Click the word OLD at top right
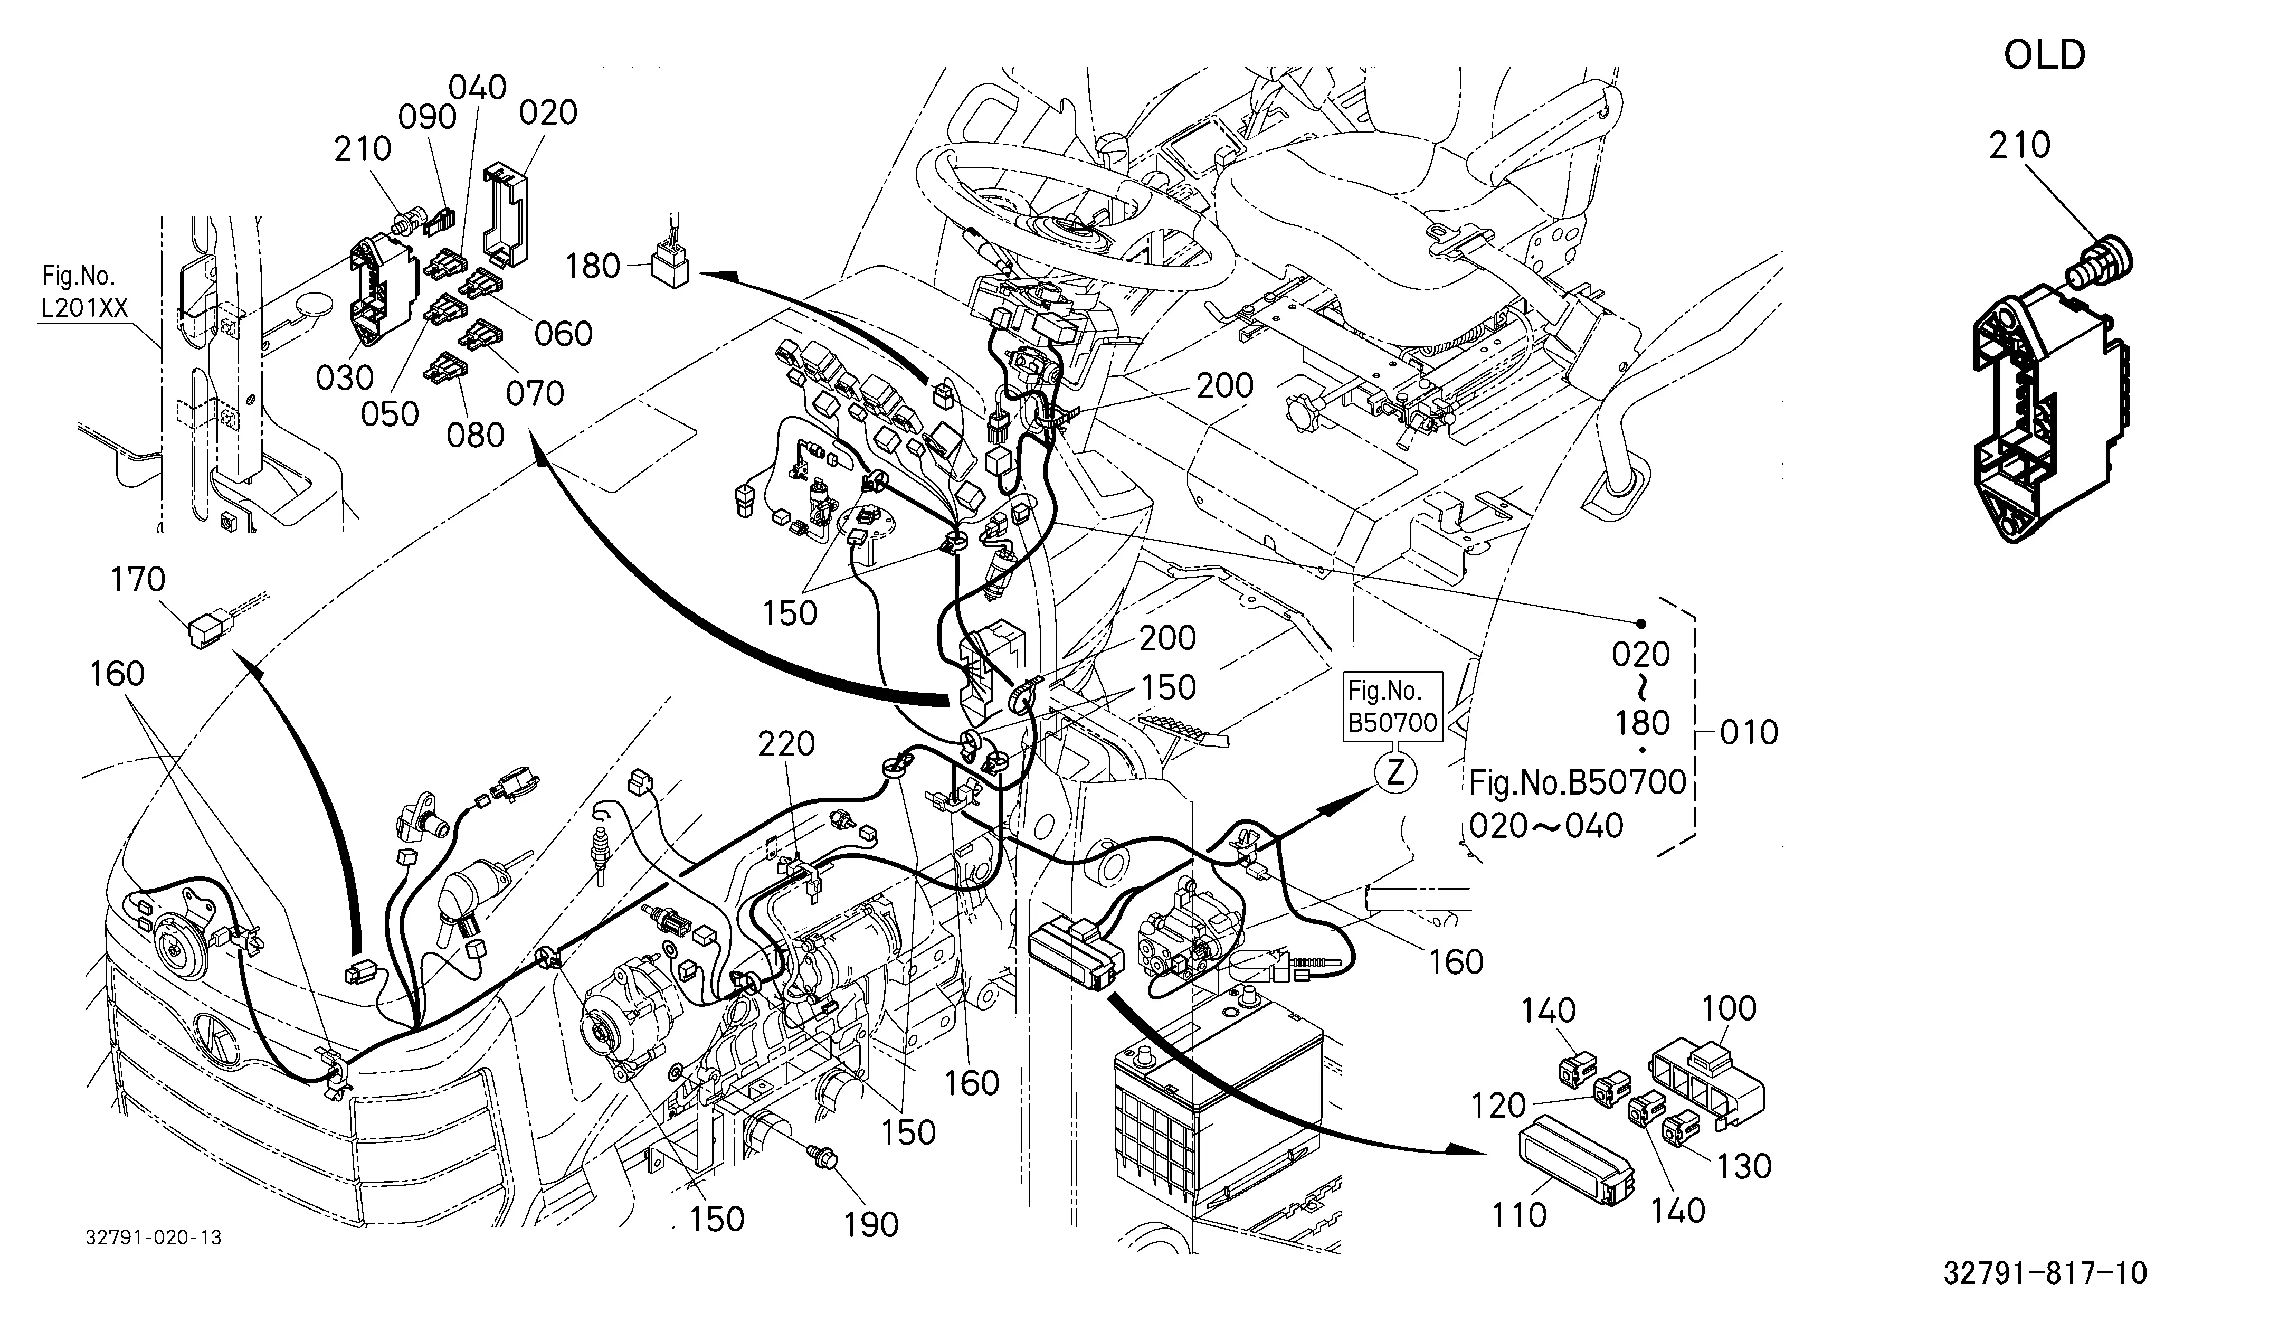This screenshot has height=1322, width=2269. click(2044, 56)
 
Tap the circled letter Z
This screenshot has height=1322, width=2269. click(1395, 773)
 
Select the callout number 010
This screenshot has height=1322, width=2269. click(1749, 733)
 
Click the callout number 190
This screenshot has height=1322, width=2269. click(871, 1225)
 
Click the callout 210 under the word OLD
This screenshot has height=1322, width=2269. click(2019, 145)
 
